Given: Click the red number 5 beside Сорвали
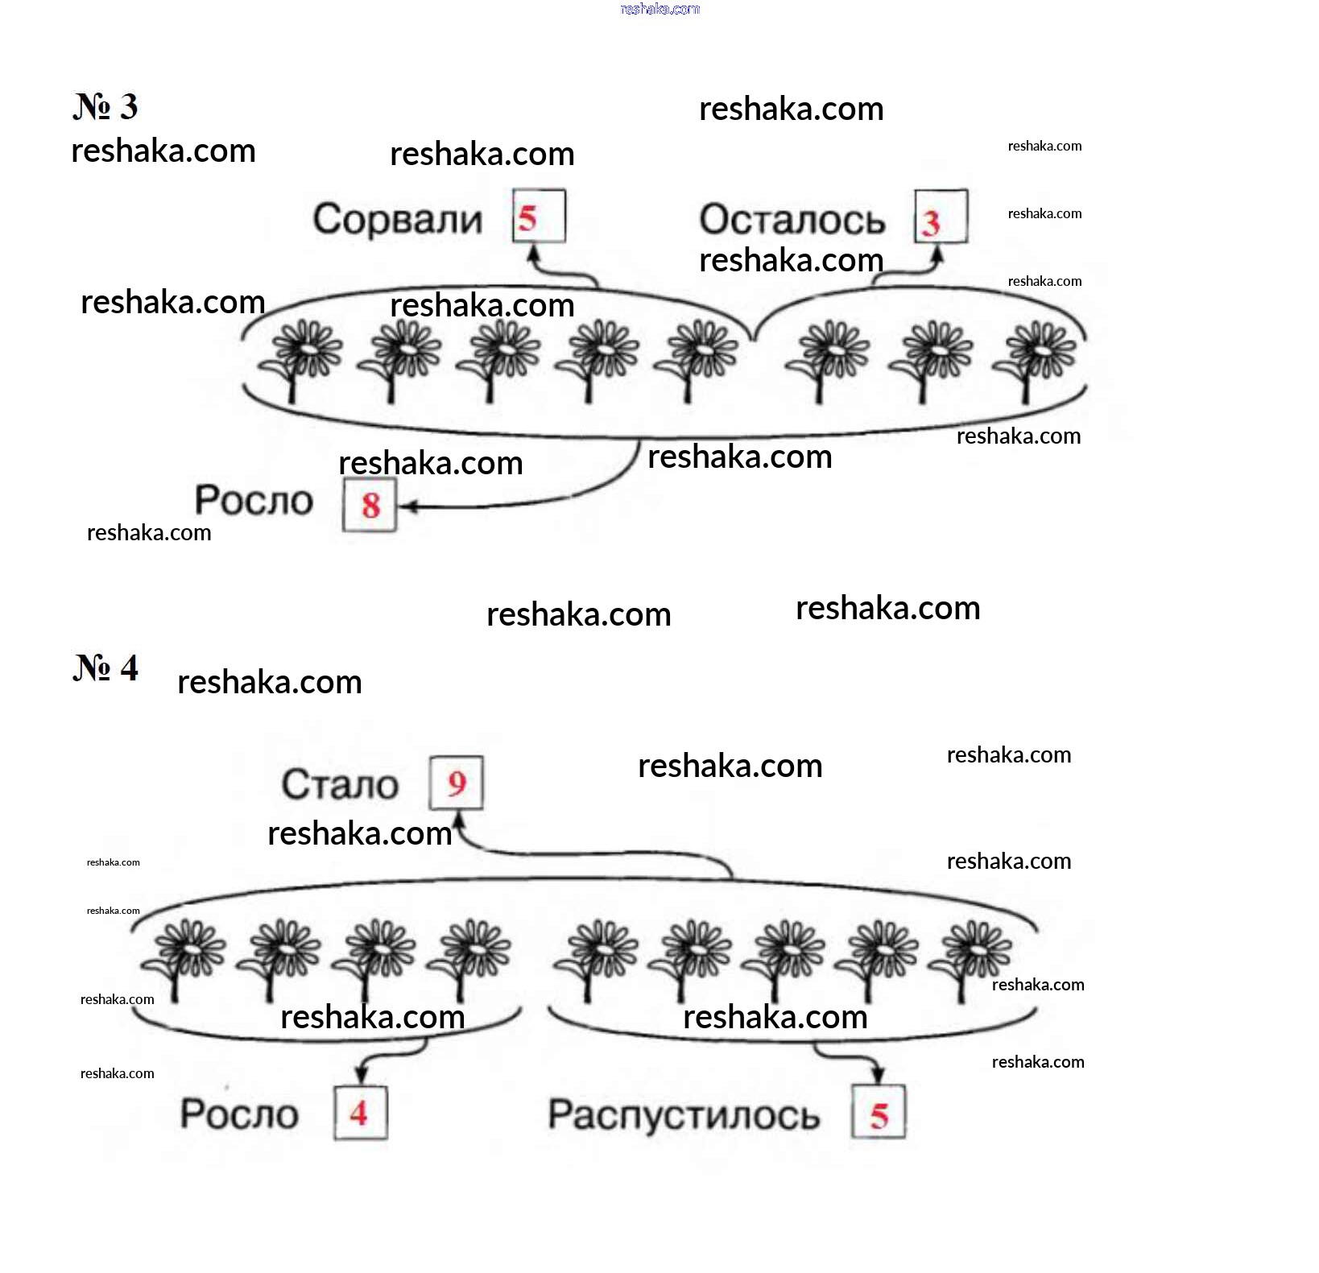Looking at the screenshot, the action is [x=527, y=218].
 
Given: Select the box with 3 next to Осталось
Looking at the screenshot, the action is [x=941, y=217].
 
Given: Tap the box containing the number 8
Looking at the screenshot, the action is [x=370, y=505].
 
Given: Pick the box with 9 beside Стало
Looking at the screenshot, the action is [x=456, y=783].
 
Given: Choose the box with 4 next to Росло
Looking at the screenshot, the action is [x=361, y=1113].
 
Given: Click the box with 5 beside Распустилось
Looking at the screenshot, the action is [x=879, y=1113].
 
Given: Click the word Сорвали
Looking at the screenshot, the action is [x=398, y=219].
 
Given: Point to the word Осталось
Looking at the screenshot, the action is [x=792, y=220].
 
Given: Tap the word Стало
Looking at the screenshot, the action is [x=340, y=784].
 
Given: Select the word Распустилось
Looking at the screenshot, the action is [x=684, y=1115].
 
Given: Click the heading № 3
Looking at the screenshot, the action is [x=105, y=106].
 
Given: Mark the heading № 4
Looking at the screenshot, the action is [x=105, y=667].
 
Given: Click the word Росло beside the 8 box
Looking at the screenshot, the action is [x=254, y=500].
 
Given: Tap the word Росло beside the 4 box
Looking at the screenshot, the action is [x=239, y=1114].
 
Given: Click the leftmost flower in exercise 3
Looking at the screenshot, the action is [x=299, y=361].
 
